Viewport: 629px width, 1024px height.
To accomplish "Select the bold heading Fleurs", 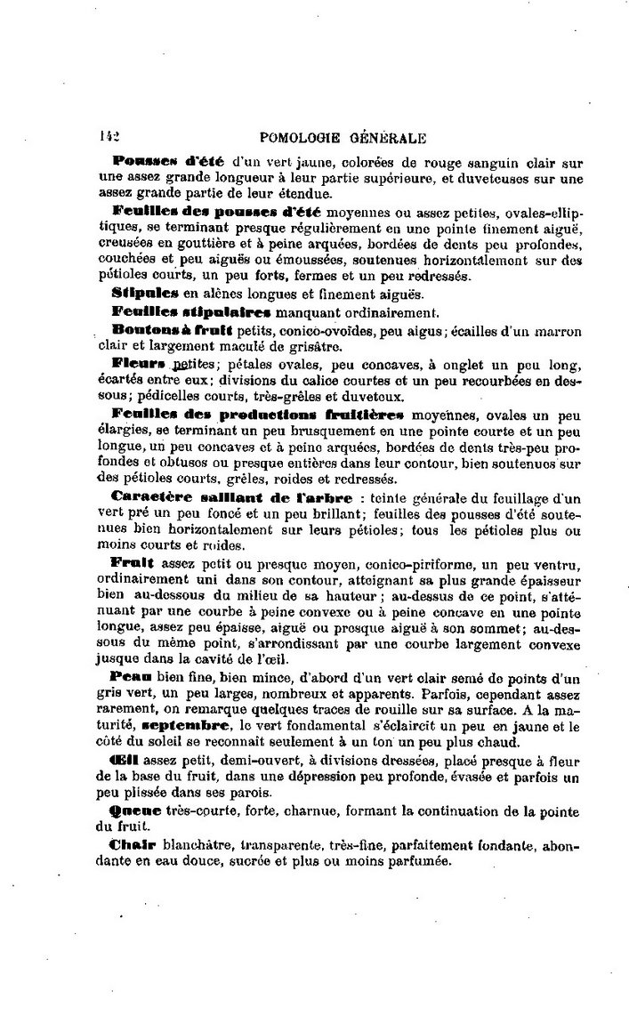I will [140, 365].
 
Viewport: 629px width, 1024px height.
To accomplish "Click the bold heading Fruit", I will [133, 565].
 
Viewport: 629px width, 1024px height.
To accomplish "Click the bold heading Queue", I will [136, 811].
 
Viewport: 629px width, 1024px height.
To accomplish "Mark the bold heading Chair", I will [133, 845].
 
